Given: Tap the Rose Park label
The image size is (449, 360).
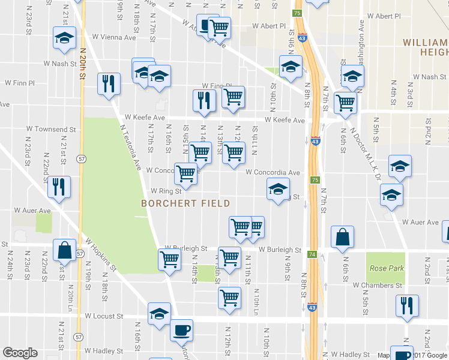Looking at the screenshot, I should pyautogui.click(x=387, y=268).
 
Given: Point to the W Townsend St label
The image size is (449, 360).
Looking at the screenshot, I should pyautogui.click(x=52, y=129).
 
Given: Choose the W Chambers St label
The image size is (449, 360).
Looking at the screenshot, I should pyautogui.click(x=378, y=286).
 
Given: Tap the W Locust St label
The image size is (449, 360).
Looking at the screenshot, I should pyautogui.click(x=104, y=316).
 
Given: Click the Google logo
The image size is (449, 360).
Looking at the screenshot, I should pyautogui.click(x=20, y=353).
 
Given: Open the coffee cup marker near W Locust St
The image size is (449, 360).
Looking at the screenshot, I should pyautogui.click(x=181, y=329).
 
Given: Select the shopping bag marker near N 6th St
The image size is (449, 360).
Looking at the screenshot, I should pyautogui.click(x=342, y=236).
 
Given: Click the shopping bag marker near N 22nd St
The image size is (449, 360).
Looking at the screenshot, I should pyautogui.click(x=64, y=250).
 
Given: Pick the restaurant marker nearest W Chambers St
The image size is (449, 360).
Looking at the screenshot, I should pyautogui.click(x=407, y=305).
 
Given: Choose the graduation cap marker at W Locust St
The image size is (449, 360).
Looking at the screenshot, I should pyautogui.click(x=159, y=314).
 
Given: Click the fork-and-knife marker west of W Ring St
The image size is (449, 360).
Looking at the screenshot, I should pyautogui.click(x=59, y=186).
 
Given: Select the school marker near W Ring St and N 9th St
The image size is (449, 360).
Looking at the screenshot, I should pyautogui.click(x=278, y=189).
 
